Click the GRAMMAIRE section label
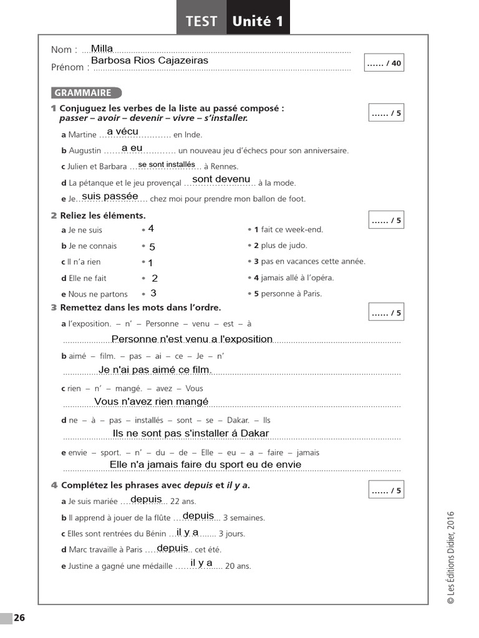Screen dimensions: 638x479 pos(83,93)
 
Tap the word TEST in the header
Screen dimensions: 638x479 pos(201,21)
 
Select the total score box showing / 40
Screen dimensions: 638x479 pos(384,63)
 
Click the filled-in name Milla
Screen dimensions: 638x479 pos(102,49)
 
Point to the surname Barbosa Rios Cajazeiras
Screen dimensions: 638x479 pos(150,60)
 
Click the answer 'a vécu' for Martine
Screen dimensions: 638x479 pos(123,131)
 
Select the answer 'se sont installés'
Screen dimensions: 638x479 pos(167,164)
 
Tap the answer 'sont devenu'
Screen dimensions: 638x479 pos(221,179)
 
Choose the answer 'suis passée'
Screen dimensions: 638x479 pos(110,196)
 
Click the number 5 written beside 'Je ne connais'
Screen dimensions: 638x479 pos(152,247)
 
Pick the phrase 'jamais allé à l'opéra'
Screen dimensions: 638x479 pos(293,278)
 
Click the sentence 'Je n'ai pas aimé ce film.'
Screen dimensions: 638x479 pos(155,370)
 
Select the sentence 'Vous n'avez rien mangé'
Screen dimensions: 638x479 pos(152,402)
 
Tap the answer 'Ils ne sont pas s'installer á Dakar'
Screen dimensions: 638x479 pos(191,434)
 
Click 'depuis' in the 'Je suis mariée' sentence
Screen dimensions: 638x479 pos(147,500)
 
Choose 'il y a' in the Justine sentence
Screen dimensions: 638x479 pos(201,563)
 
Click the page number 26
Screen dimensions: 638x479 pos(19,618)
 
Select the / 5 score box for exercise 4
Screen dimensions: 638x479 pos(387,490)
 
